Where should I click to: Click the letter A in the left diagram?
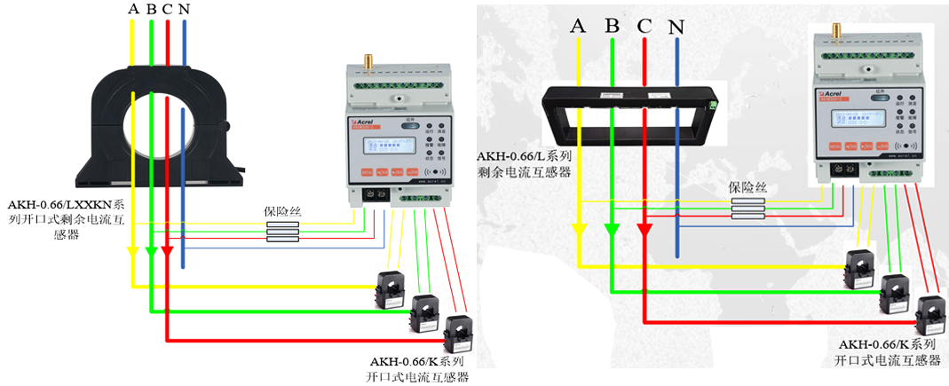coord(133,9)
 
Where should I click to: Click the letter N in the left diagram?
coord(184,9)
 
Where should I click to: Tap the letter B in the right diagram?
coord(612,26)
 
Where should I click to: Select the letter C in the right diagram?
coord(644,26)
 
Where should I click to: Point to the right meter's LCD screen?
coord(838,116)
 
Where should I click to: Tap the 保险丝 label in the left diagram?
coord(281,212)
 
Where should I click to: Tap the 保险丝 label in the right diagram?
coord(747,187)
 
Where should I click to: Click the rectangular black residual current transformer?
coord(633,113)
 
